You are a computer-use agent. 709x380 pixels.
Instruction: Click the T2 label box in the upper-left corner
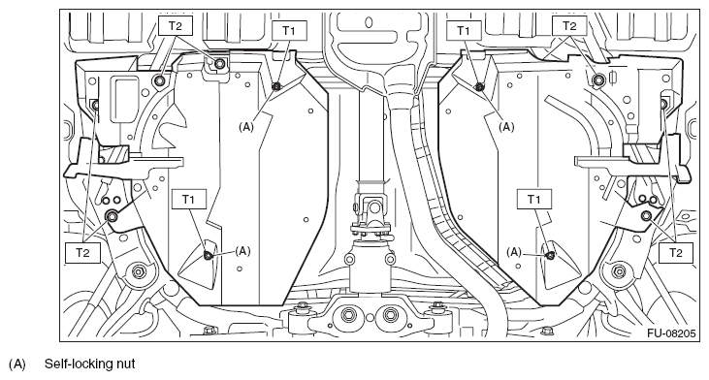176,26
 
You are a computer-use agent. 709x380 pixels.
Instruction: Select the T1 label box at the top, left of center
290,30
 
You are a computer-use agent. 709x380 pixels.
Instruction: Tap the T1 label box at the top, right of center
463,30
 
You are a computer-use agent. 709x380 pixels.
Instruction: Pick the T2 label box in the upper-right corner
569,26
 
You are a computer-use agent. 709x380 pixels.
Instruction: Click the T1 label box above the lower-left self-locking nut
188,200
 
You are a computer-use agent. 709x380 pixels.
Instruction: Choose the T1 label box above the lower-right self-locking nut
534,200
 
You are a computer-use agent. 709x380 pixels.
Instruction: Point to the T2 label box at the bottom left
82,253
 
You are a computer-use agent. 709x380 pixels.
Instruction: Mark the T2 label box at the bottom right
676,253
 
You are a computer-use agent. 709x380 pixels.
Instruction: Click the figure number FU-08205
670,333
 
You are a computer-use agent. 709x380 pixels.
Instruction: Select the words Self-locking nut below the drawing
89,364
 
